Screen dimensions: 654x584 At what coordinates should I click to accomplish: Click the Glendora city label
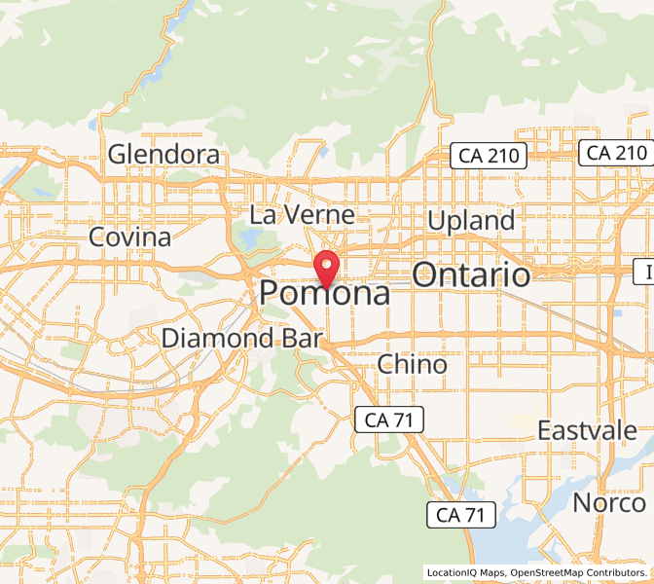point(163,154)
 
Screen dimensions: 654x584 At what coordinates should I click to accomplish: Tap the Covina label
point(129,237)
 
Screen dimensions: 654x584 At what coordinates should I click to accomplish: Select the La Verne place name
point(303,214)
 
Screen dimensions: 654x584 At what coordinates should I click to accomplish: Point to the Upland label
point(471,221)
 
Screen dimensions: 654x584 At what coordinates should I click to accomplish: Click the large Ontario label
point(471,274)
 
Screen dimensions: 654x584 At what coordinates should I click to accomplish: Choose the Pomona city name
point(325,294)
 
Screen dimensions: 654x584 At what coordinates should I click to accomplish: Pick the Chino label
point(412,365)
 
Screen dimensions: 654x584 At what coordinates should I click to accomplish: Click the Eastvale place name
point(588,430)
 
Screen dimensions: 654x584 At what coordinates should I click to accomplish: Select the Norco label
point(608,503)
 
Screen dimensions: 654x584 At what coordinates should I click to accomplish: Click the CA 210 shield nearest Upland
point(488,155)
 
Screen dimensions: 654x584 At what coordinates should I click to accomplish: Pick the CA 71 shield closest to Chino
point(388,420)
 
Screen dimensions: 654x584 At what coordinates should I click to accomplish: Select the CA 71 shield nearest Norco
point(461,514)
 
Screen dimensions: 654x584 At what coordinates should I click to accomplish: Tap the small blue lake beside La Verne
point(249,237)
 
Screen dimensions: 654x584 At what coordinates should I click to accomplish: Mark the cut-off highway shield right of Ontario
point(644,272)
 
